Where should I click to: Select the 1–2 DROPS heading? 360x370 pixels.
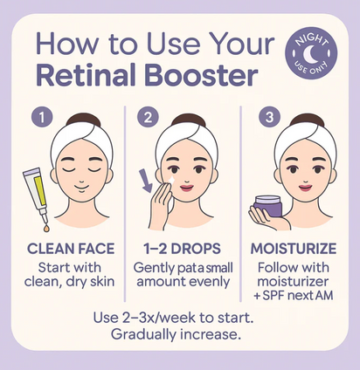179,248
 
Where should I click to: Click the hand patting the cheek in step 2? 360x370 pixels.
163,202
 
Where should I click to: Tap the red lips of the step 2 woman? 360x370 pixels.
186,192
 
